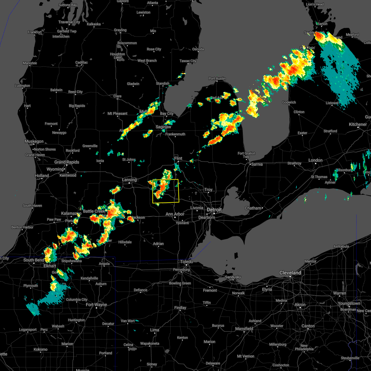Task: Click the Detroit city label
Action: click(214, 210)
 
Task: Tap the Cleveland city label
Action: click(290, 273)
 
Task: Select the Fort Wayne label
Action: click(96, 305)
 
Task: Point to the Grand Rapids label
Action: click(67, 162)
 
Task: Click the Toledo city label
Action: click(187, 262)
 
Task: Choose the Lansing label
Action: click(129, 180)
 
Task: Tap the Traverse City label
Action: click(69, 22)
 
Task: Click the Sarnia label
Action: click(257, 164)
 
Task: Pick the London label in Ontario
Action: click(315, 160)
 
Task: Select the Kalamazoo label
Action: click(71, 214)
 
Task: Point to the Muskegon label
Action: click(34, 142)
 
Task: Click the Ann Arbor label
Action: click(175, 214)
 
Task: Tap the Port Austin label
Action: click(217, 79)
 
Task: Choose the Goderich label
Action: click(289, 102)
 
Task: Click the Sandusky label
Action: click(233, 277)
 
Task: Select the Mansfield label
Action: click(244, 329)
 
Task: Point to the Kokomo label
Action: click(41, 349)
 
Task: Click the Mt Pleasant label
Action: click(117, 113)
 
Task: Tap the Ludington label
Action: click(23, 86)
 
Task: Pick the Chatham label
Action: click(253, 208)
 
